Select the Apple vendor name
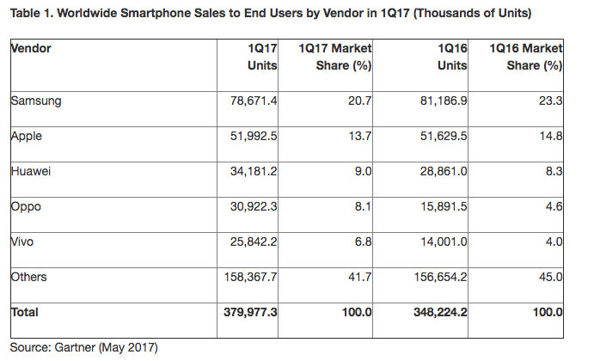[x=28, y=136]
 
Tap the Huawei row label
[x=32, y=171]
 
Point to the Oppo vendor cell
[x=28, y=206]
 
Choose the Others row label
[x=30, y=277]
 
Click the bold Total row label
[x=26, y=314]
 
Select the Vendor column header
[x=31, y=48]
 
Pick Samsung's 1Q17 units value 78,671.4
[x=252, y=101]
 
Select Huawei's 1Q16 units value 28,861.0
[x=439, y=171]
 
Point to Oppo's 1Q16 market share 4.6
[x=554, y=206]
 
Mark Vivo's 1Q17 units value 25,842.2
[x=252, y=242]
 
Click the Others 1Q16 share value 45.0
[x=550, y=277]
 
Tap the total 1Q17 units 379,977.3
[x=248, y=314]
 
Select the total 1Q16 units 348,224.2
[x=436, y=314]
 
